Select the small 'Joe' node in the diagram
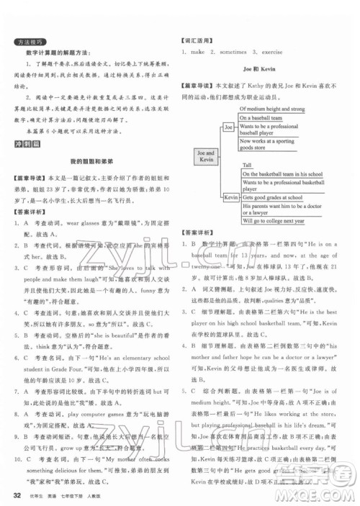(229, 126)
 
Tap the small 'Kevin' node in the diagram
(231, 196)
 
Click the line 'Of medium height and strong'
(273, 109)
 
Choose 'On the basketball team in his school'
(282, 173)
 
